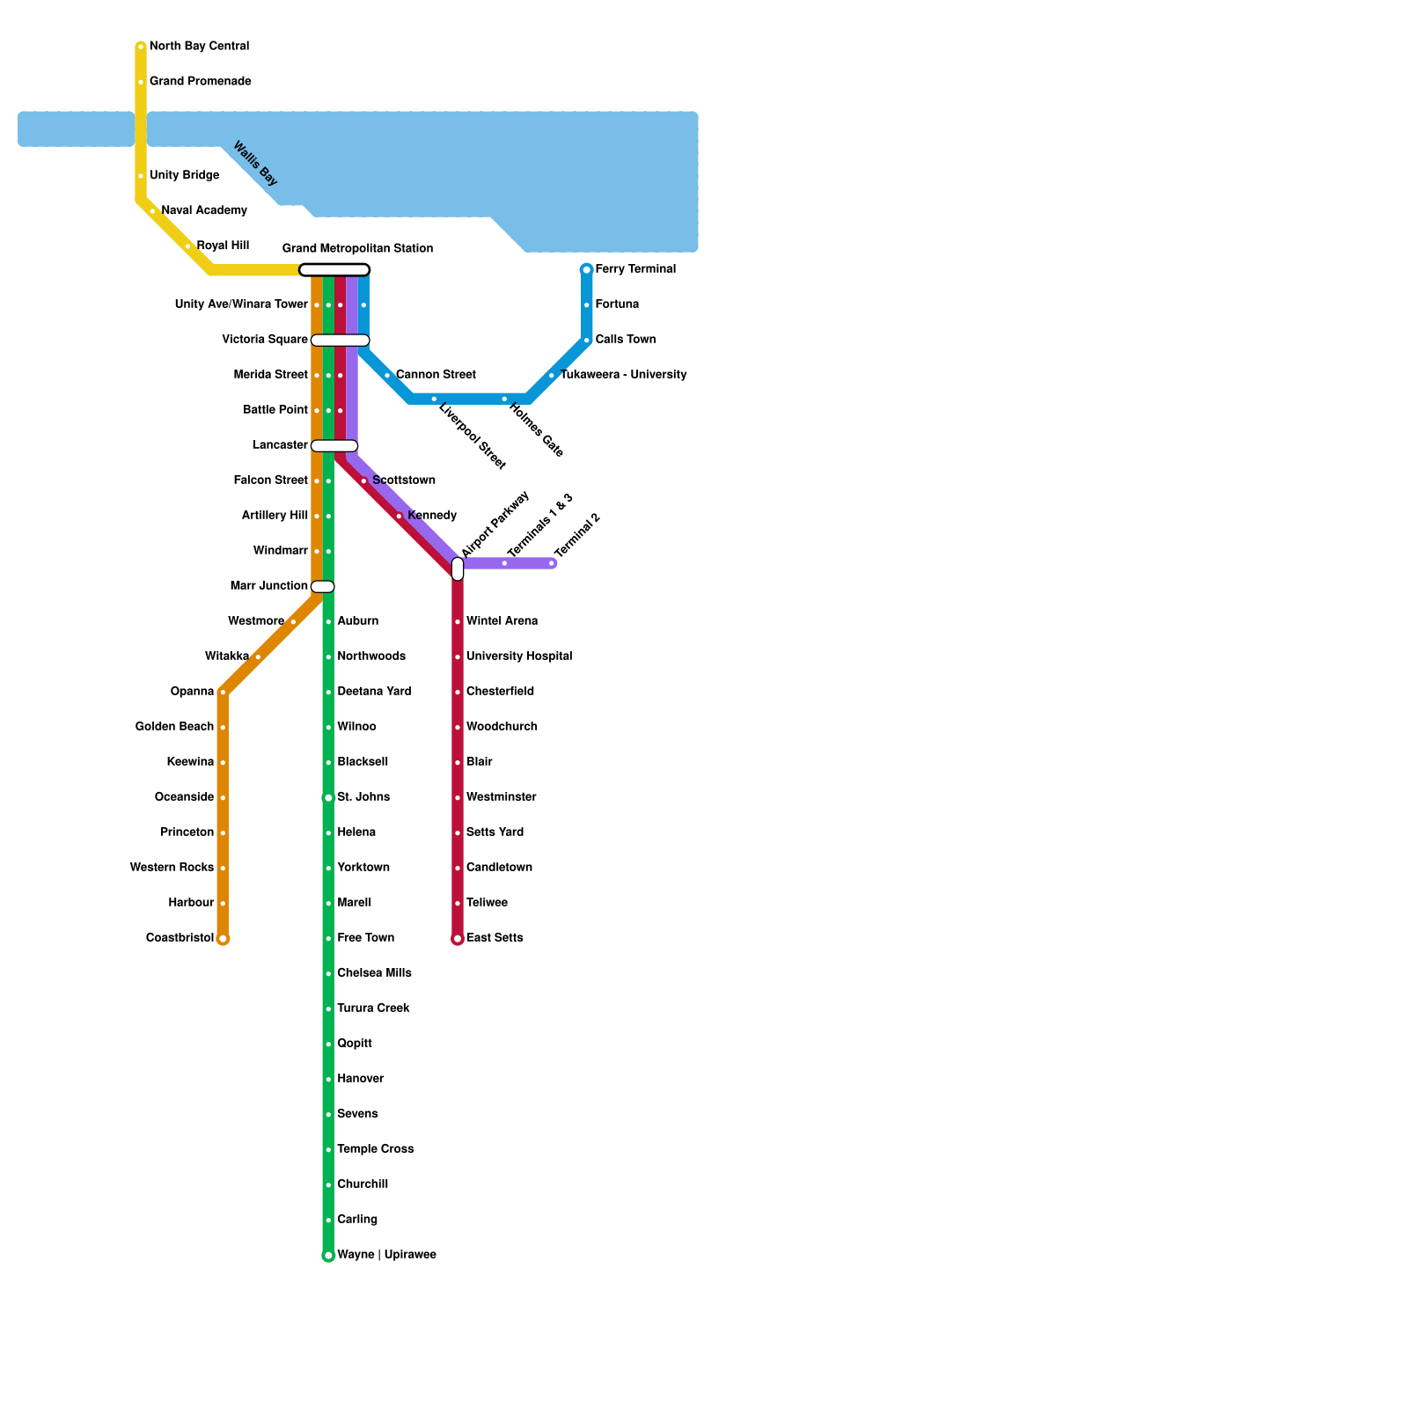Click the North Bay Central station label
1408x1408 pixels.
pyautogui.click(x=199, y=46)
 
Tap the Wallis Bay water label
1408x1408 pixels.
pyautogui.click(x=255, y=164)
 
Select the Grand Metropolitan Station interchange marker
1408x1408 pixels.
pyautogui.click(x=334, y=269)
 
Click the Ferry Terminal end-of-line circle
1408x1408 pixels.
pyautogui.click(x=587, y=269)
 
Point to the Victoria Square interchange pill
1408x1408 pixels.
pyautogui.click(x=341, y=340)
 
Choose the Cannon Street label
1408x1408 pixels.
pyautogui.click(x=436, y=375)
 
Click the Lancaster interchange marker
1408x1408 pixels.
pyautogui.click(x=334, y=445)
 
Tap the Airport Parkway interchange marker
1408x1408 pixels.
pyautogui.click(x=458, y=568)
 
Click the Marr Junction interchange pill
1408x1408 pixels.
pyautogui.click(x=323, y=586)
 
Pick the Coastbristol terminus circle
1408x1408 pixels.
pyautogui.click(x=224, y=939)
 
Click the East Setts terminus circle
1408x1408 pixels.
pyautogui.click(x=458, y=939)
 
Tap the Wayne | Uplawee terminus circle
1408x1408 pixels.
pyautogui.click(x=328, y=1256)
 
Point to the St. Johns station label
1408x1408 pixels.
pyautogui.click(x=363, y=797)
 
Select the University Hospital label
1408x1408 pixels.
pyautogui.click(x=519, y=656)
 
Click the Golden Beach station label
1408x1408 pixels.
pyautogui.click(x=174, y=727)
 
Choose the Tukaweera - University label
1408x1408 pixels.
pyautogui.click(x=623, y=375)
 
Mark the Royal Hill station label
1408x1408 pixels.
pyautogui.click(x=223, y=246)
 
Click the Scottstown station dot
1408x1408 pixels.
pyautogui.click(x=363, y=480)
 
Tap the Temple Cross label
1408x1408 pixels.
pyautogui.click(x=375, y=1149)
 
